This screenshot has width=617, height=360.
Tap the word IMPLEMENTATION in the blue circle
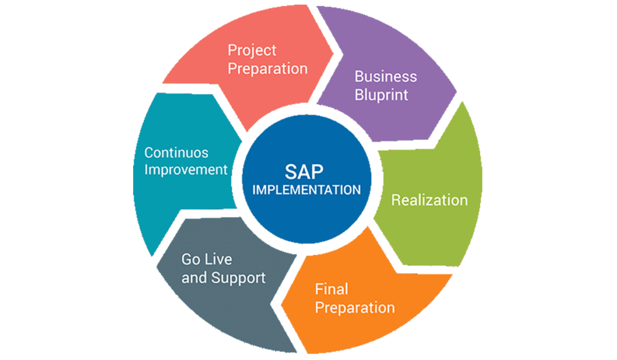tap(307, 189)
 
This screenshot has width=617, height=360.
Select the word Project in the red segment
tap(251, 50)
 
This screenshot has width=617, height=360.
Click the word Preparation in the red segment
tap(268, 68)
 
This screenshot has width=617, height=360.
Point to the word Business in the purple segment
tap(386, 77)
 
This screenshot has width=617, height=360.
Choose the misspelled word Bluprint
tap(381, 95)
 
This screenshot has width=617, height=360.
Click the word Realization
tap(430, 200)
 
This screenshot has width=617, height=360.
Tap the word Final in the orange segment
tap(331, 289)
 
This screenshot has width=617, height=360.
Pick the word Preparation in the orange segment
tap(355, 308)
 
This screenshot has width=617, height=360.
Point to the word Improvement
tap(186, 169)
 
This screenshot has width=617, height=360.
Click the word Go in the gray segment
tap(191, 260)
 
